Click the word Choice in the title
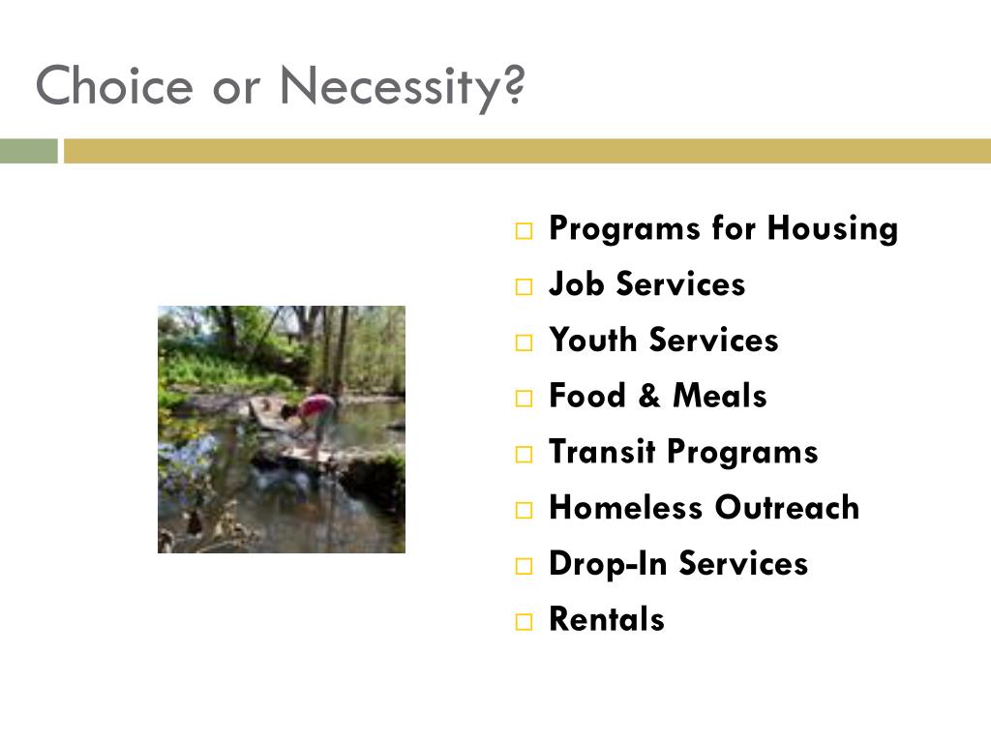114,85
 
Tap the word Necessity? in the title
402,88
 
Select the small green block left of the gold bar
28,151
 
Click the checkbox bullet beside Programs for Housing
524,230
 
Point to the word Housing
832,228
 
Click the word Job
576,283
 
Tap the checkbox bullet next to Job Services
524,286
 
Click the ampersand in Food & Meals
649,396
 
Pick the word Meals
720,396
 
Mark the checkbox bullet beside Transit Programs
524,455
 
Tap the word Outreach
787,507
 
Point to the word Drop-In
608,564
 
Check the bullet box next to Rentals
524,622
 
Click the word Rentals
607,619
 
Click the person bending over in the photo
311,416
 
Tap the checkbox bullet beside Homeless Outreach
524,510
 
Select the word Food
587,396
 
